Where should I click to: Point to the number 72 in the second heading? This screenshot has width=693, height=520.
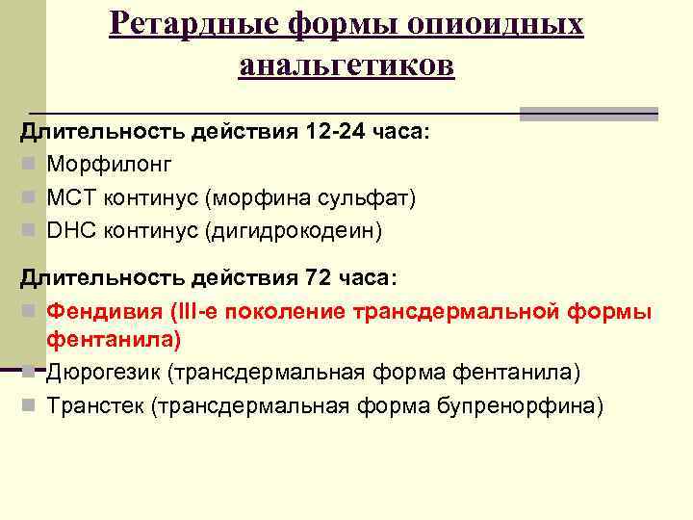[321, 278]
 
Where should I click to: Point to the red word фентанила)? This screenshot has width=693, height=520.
[114, 340]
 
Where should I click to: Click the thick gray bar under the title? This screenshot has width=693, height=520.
[588, 114]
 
